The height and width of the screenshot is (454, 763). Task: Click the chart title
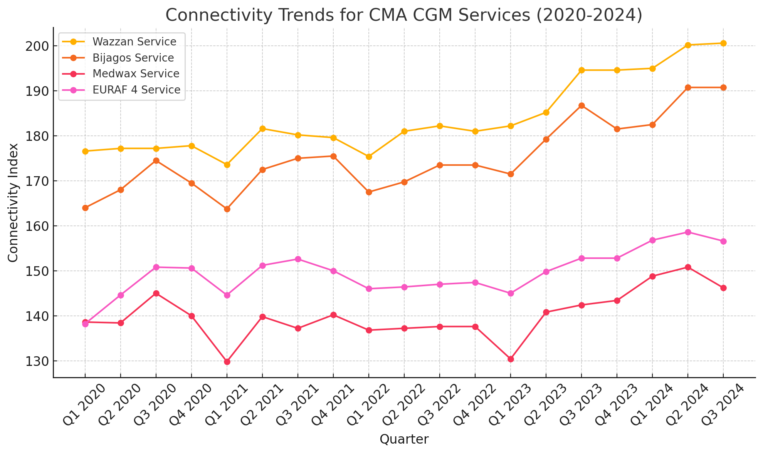[x=404, y=15]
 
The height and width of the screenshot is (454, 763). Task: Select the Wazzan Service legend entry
[x=134, y=42]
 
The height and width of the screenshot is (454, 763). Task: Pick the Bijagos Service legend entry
[x=133, y=58]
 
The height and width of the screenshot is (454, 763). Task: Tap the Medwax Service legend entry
[x=136, y=73]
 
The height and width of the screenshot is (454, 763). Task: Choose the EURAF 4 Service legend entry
[x=136, y=90]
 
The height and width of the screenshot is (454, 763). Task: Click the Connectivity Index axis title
[x=13, y=202]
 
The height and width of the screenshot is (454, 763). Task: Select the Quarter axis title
[x=404, y=439]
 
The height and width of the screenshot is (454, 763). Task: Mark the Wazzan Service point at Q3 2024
[x=723, y=43]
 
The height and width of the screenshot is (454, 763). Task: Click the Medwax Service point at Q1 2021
[x=227, y=362]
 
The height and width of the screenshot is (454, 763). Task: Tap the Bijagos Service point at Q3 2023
[x=581, y=106]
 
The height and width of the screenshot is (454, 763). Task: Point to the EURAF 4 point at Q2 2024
[x=688, y=232]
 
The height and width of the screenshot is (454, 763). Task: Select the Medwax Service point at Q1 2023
[x=511, y=359]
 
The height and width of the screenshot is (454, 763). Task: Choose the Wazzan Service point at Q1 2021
[x=227, y=165]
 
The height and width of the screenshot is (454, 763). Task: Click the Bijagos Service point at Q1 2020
[x=85, y=208]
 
